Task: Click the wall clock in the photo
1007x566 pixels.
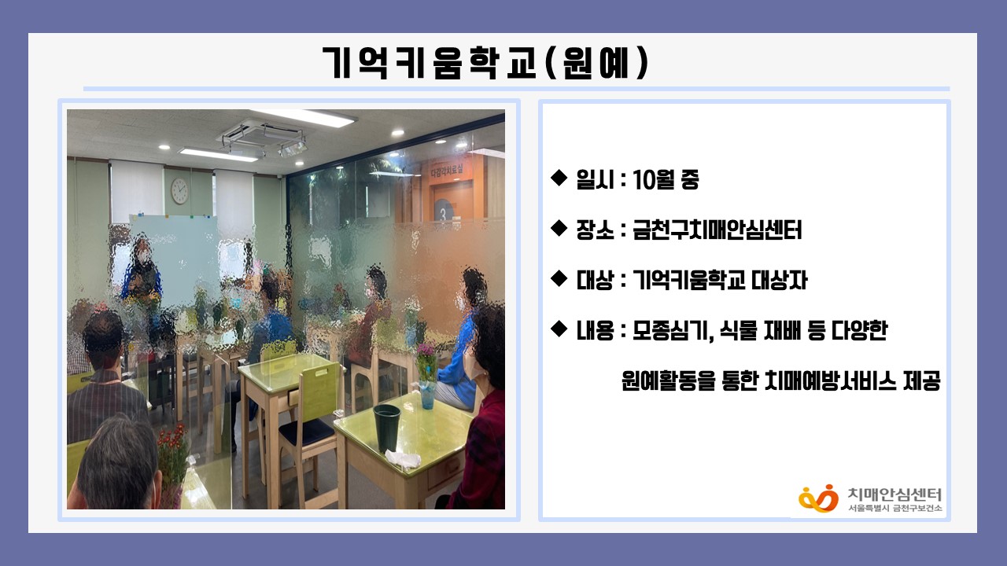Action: pos(179,190)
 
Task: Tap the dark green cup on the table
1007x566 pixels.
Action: pos(386,428)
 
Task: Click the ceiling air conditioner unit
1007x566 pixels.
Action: pos(263,138)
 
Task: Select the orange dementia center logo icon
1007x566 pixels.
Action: pos(818,498)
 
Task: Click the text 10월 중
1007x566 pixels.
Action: pos(666,180)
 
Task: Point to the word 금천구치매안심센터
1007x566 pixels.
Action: pos(717,230)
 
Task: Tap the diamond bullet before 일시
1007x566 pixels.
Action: pos(559,178)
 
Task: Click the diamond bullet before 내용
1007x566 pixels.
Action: pos(559,329)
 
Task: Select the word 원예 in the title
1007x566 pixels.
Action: pos(596,63)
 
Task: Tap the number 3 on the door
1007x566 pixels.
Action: pos(443,215)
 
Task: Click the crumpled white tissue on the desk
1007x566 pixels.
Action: pos(402,459)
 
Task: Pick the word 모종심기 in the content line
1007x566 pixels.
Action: pos(672,331)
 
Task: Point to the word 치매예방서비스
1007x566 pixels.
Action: pos(831,381)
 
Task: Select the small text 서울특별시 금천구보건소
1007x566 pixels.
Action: pos(894,508)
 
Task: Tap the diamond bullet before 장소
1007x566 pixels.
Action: pos(559,228)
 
